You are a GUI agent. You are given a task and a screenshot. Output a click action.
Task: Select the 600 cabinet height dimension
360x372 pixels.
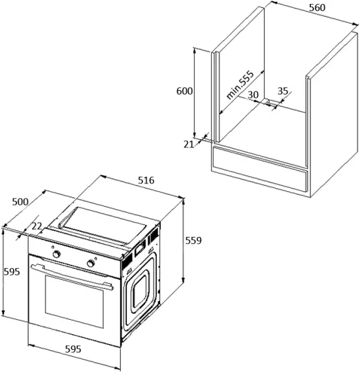[x=184, y=91]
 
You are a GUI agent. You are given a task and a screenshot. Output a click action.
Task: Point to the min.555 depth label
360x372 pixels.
[x=240, y=84]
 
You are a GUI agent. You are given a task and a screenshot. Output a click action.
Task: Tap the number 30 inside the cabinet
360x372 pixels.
[x=253, y=94]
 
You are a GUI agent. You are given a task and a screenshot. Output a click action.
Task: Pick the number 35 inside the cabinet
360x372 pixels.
[x=283, y=91]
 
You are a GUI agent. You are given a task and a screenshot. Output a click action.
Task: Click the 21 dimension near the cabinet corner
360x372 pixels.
[x=189, y=144]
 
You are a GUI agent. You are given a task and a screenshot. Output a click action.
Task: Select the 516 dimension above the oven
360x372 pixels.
[x=145, y=180]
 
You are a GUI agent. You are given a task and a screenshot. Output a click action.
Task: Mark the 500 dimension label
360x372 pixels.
[x=20, y=202]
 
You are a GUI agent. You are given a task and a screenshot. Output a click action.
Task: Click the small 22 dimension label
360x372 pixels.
[x=37, y=225]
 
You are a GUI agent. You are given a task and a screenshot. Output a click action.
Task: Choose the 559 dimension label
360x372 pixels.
[x=193, y=240]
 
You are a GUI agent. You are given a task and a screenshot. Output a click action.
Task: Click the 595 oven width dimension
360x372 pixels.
[x=73, y=350]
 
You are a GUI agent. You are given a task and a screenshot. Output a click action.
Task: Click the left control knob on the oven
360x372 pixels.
[x=57, y=253]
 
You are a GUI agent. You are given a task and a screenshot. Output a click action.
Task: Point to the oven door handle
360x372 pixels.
[x=72, y=274]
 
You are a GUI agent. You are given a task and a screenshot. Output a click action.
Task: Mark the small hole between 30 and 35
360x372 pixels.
[x=268, y=101]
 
